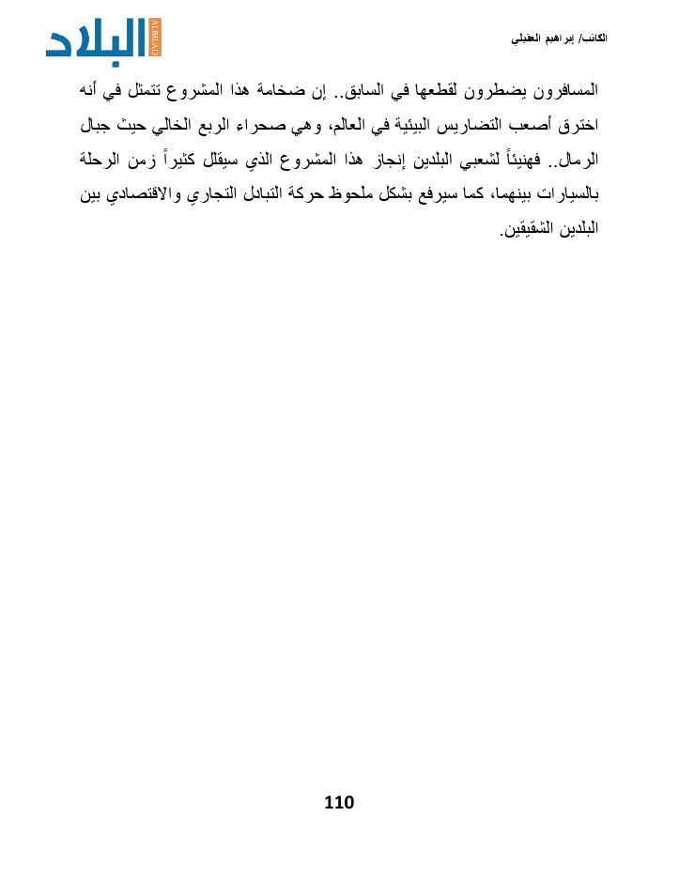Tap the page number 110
click(x=339, y=803)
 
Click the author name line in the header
click(x=559, y=39)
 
